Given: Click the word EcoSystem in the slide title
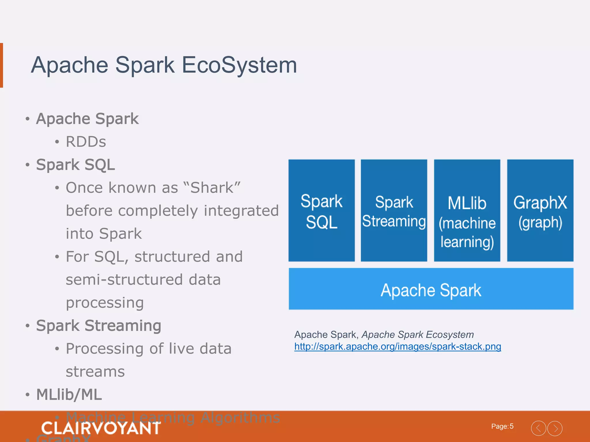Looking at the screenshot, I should click(x=239, y=65).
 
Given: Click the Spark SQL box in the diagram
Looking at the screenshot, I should click(x=322, y=211).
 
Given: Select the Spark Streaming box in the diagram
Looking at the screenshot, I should click(x=394, y=211).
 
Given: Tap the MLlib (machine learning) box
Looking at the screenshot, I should click(x=467, y=211).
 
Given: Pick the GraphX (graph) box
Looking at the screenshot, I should click(x=540, y=211).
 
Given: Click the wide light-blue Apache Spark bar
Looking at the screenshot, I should click(x=431, y=289).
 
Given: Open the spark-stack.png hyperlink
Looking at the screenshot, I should click(x=398, y=346).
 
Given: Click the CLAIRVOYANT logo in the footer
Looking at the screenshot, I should click(x=101, y=428).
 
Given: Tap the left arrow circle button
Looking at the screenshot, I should click(x=538, y=428).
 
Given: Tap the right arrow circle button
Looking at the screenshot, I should click(x=555, y=428).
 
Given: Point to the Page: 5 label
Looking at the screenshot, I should click(x=502, y=426).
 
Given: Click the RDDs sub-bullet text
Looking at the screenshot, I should click(x=86, y=142).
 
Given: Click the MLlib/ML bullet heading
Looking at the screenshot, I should click(x=69, y=395).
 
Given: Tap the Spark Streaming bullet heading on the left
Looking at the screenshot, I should click(x=99, y=326).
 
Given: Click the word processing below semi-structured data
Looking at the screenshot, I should click(x=105, y=303).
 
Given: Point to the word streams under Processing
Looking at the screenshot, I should click(x=95, y=372).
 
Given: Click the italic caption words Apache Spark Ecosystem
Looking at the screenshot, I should click(x=418, y=335).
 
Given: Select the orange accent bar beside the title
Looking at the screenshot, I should click(x=1, y=65).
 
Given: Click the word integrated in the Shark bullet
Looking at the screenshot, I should click(x=241, y=211).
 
